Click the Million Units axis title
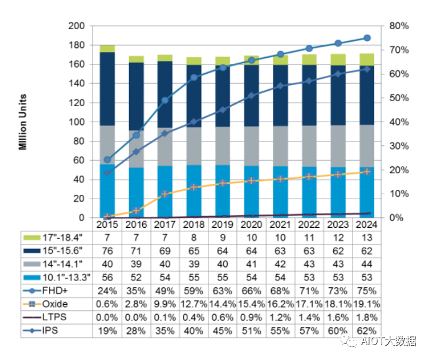tap(22, 122)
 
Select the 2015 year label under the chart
tap(107, 223)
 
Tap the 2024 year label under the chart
tap(367, 223)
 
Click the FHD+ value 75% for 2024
tap(367, 290)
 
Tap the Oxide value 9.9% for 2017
tap(165, 305)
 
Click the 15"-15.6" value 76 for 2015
tap(107, 251)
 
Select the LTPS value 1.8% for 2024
tap(367, 318)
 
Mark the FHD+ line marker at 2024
tap(367, 38)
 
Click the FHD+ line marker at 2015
tap(107, 160)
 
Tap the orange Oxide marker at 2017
tap(165, 194)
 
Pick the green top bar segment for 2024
tap(367, 60)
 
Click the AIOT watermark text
tap(384, 341)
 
